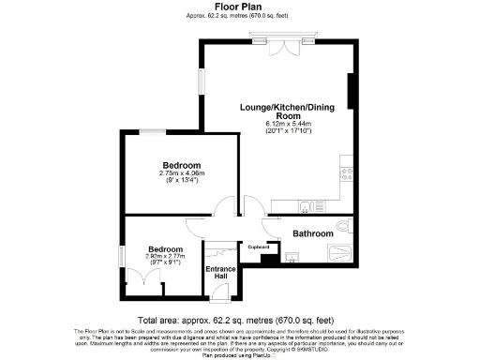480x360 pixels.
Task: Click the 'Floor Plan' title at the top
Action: pos(238,7)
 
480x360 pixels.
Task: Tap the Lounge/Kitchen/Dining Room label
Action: pos(278,112)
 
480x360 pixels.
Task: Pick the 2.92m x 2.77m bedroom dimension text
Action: pos(163,259)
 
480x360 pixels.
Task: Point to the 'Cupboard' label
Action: pos(258,247)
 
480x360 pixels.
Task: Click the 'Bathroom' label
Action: pos(312,233)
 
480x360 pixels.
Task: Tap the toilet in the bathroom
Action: pos(345,226)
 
